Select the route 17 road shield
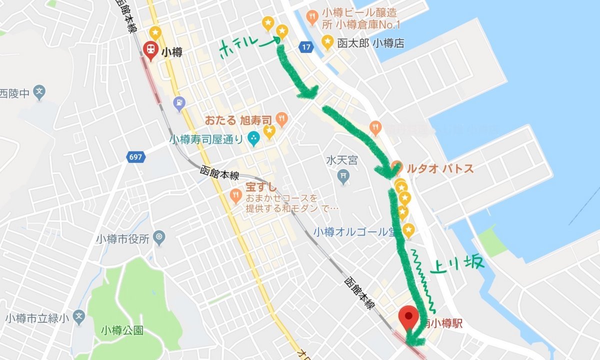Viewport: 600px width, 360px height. click(306, 47)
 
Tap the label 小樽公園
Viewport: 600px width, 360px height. click(122, 330)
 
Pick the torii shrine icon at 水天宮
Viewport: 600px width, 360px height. click(343, 176)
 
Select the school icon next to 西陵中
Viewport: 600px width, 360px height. click(39, 92)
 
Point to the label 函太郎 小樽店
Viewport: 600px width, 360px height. click(370, 43)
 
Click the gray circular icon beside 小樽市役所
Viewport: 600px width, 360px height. click(159, 236)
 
